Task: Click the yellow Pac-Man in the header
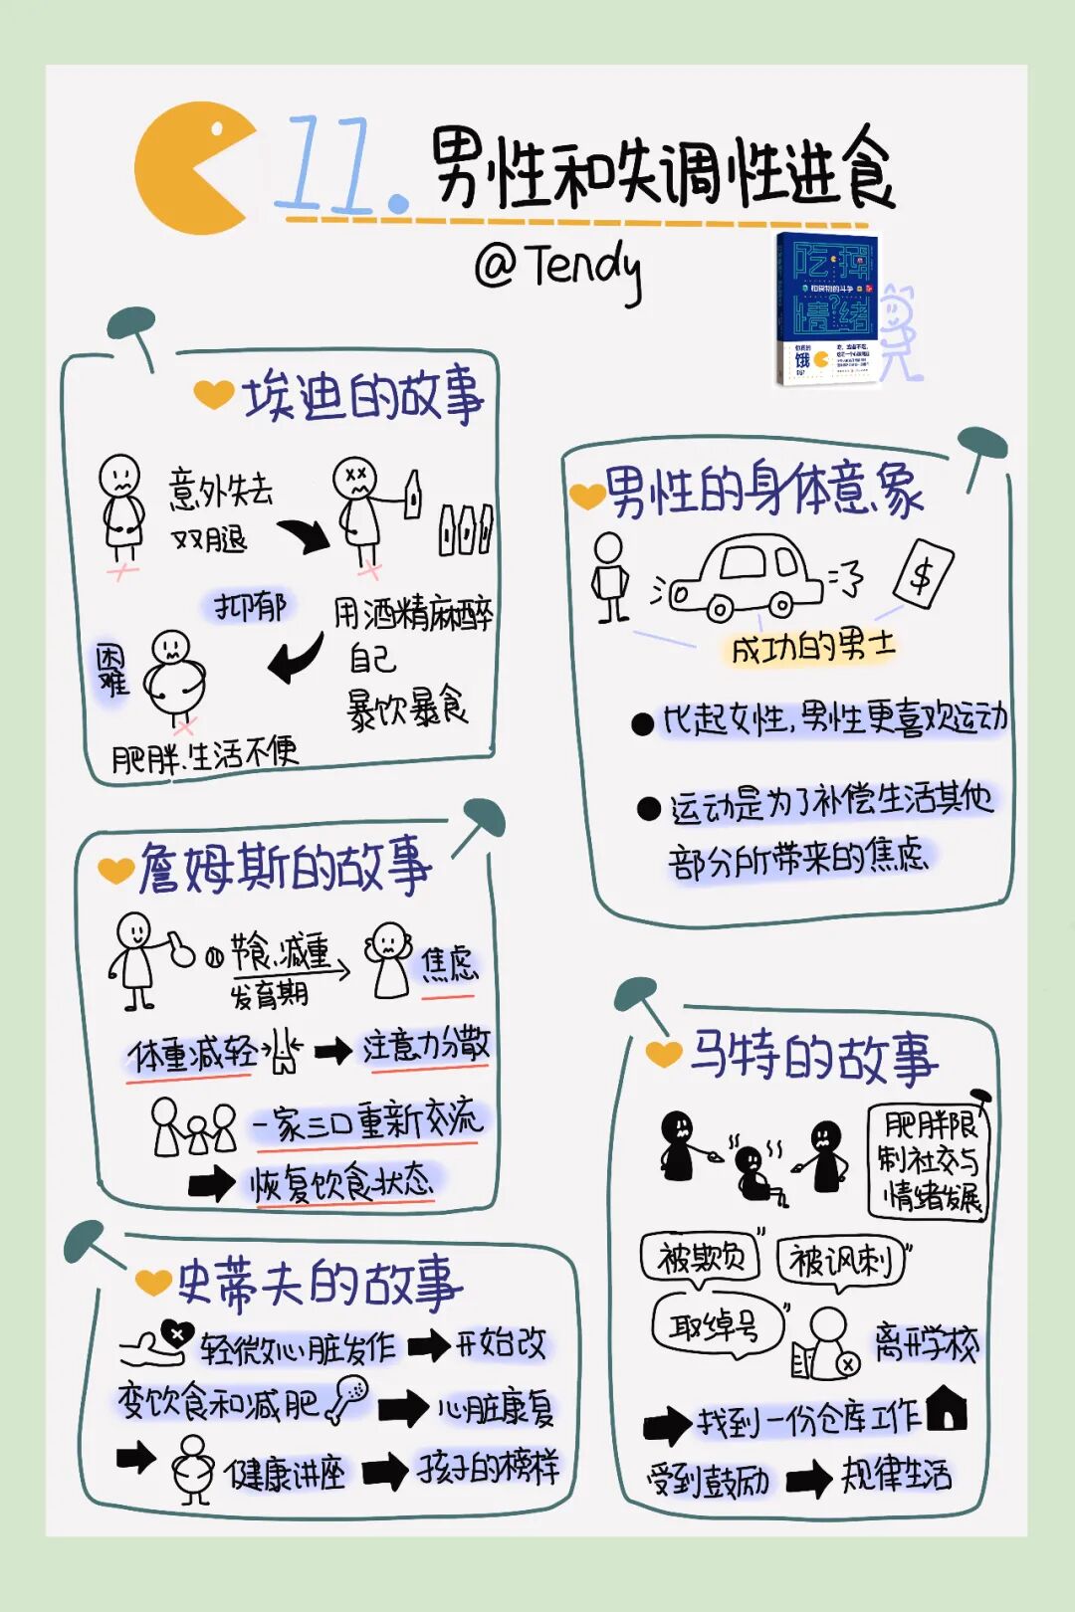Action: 189,170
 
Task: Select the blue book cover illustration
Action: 826,307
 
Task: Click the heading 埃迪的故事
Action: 363,395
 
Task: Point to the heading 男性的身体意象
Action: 763,490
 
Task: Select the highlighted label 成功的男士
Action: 812,648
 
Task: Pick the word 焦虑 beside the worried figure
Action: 449,963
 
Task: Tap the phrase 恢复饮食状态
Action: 341,1183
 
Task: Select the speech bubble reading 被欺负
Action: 702,1258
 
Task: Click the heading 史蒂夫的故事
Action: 319,1283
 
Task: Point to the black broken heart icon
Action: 176,1332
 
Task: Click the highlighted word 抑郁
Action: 250,606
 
